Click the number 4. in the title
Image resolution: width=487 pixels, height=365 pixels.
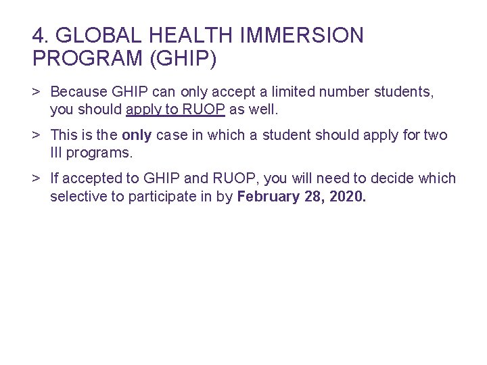point(40,35)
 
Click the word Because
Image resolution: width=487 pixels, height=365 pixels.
point(78,91)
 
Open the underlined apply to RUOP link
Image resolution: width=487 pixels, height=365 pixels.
point(175,109)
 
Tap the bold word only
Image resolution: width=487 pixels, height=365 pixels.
point(137,135)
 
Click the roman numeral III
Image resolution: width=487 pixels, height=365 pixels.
point(56,153)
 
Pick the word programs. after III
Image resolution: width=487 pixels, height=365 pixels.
point(100,153)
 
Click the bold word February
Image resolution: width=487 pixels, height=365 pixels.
point(268,197)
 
